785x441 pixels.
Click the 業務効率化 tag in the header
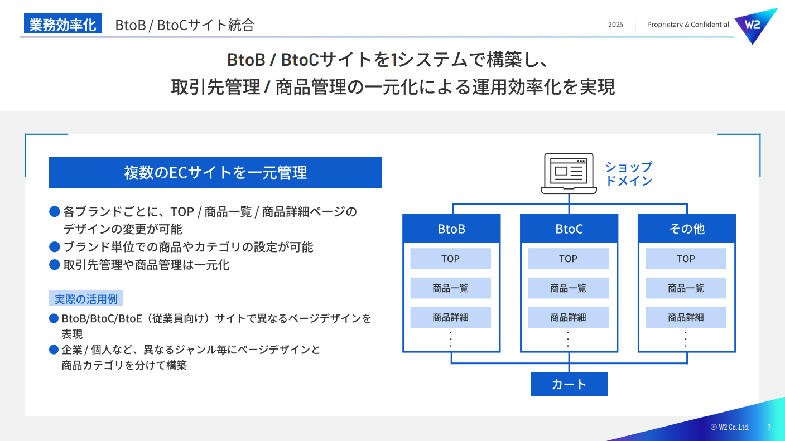(62, 25)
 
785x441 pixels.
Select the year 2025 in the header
(615, 25)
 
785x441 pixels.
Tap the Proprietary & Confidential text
(688, 25)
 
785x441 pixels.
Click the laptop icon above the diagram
(569, 173)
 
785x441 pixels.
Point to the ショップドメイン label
(629, 174)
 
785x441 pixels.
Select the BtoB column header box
(451, 229)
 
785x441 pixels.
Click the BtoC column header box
(569, 229)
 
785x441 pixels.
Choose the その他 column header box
(687, 229)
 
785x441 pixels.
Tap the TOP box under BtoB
(451, 259)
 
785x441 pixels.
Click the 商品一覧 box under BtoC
(568, 288)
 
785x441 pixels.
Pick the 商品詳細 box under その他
(686, 317)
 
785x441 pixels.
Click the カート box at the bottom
(569, 384)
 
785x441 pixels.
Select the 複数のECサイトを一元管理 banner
(215, 173)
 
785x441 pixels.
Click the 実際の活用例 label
(86, 299)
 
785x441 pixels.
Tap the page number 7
(769, 427)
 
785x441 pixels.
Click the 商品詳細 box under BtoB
(451, 317)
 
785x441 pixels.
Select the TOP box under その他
(686, 259)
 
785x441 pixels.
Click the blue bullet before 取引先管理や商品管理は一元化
(55, 265)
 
